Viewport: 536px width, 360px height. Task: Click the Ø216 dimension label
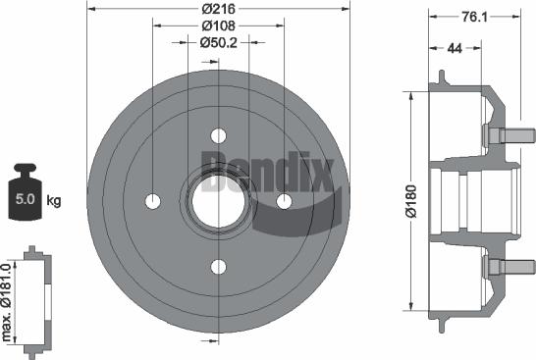pos(217,9)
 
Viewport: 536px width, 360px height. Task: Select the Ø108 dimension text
pos(217,26)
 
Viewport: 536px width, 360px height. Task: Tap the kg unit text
pos(54,201)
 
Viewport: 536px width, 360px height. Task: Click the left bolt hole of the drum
pos(152,201)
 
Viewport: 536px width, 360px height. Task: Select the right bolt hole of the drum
pos(284,201)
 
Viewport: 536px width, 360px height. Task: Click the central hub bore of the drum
pos(218,200)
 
